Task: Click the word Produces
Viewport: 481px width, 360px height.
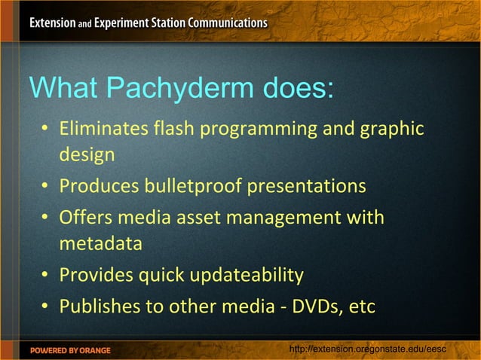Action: [x=95, y=185]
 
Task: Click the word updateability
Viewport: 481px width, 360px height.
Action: [x=246, y=276]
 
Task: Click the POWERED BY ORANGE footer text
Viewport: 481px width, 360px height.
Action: [x=70, y=350]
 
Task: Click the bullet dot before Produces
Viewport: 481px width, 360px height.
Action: [x=46, y=186]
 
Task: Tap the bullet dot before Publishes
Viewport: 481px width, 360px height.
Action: [x=46, y=307]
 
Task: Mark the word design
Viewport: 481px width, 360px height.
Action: [x=87, y=156]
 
